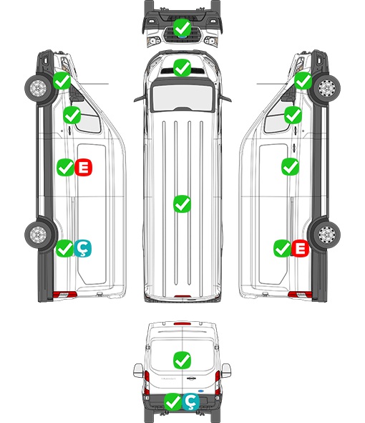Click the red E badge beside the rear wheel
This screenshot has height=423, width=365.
[x=300, y=248]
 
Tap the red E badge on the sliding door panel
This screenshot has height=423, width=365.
[x=83, y=167]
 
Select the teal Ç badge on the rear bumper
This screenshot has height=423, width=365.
[x=190, y=402]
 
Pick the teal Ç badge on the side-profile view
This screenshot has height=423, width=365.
[x=82, y=249]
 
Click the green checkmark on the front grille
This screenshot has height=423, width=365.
[x=182, y=27]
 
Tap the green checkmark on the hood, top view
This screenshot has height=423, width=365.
[x=182, y=67]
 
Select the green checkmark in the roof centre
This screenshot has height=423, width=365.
[x=182, y=204]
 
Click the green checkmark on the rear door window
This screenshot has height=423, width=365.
[x=182, y=360]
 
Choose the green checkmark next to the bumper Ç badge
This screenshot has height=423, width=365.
[x=173, y=402]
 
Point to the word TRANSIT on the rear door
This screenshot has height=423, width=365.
[x=168, y=379]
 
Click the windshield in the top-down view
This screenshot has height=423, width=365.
[x=182, y=96]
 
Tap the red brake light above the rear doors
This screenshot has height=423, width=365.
[x=182, y=323]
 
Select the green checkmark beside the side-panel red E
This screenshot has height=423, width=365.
[x=65, y=167]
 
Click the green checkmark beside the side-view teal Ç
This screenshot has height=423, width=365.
[x=64, y=249]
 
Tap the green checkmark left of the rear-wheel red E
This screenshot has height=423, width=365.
[x=282, y=248]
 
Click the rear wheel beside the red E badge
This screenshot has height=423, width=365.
[x=326, y=234]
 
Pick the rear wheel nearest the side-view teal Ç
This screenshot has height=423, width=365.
[x=39, y=234]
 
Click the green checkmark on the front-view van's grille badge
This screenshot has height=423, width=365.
[x=182, y=27]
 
